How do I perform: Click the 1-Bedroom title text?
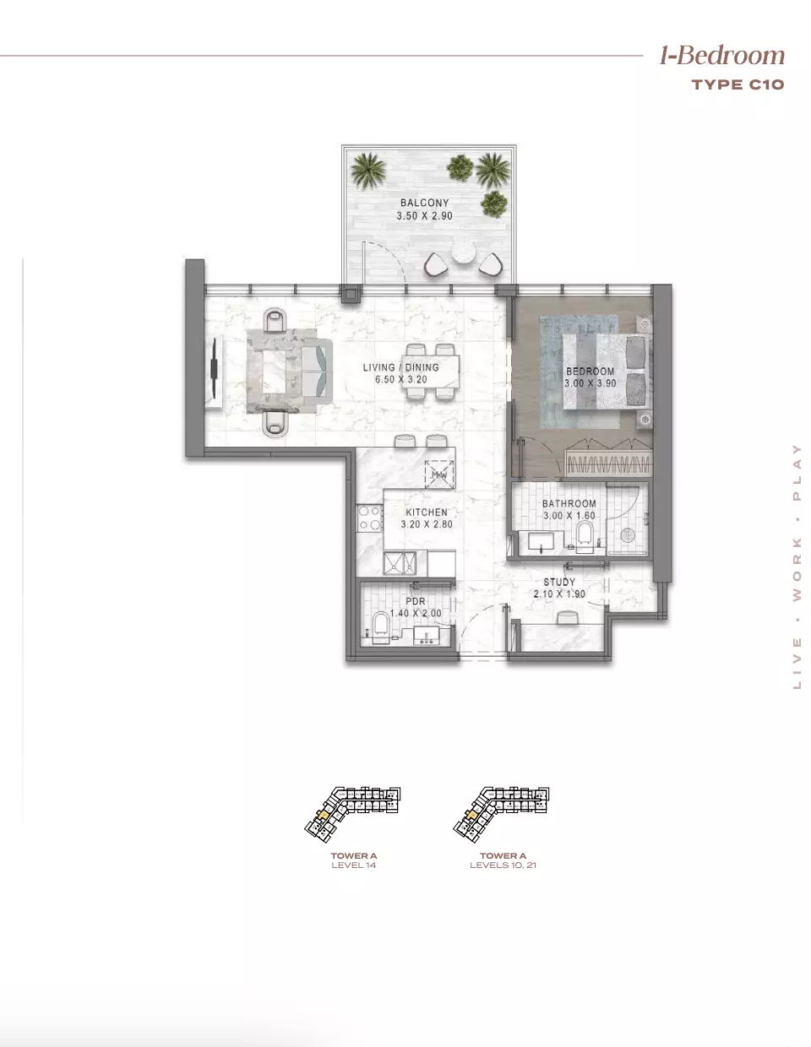coord(721,56)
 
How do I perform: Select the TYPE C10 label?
coord(738,84)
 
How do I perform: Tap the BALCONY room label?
coord(424,203)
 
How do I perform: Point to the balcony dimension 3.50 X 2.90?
coord(424,216)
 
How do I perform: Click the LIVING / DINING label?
coord(400,367)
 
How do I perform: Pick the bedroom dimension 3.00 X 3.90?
coord(591,383)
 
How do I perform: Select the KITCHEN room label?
coord(427,513)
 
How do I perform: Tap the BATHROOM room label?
coord(569,504)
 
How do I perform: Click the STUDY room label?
coord(559,583)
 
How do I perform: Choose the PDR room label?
coord(415,601)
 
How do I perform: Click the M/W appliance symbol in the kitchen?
coord(439,475)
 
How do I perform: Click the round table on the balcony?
coord(464,253)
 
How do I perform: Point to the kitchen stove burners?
coord(370,518)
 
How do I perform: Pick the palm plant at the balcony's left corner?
coord(367,169)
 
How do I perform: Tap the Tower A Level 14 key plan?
coord(353,815)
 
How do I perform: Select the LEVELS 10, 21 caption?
coord(503,865)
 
